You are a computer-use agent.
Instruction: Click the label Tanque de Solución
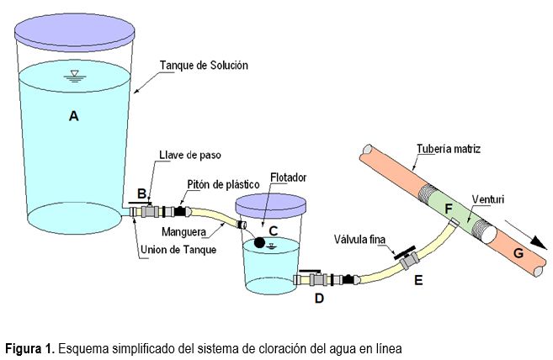pos(204,66)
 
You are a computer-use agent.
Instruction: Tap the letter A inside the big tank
pos(74,115)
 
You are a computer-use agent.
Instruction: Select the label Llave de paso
pos(190,155)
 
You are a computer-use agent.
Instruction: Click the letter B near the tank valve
pos(141,193)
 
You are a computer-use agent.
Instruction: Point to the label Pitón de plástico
pos(223,184)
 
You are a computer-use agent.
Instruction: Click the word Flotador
pos(288,177)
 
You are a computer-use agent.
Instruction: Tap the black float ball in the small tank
pos(259,242)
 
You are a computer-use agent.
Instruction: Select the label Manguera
pos(183,232)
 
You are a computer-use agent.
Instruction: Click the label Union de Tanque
pos(178,250)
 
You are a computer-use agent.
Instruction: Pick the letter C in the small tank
pos(274,231)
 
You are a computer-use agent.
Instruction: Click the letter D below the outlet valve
pos(319,299)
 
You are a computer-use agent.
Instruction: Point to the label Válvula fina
pos(359,240)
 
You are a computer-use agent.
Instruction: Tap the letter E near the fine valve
pos(418,280)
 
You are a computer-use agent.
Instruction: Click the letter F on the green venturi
pos(449,209)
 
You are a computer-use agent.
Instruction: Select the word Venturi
pos(488,199)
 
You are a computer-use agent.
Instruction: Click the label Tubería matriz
pos(449,149)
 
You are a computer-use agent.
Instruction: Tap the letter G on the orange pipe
pos(518,253)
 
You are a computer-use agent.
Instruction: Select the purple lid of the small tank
pos(270,205)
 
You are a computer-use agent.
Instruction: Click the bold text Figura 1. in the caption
pos(30,349)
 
